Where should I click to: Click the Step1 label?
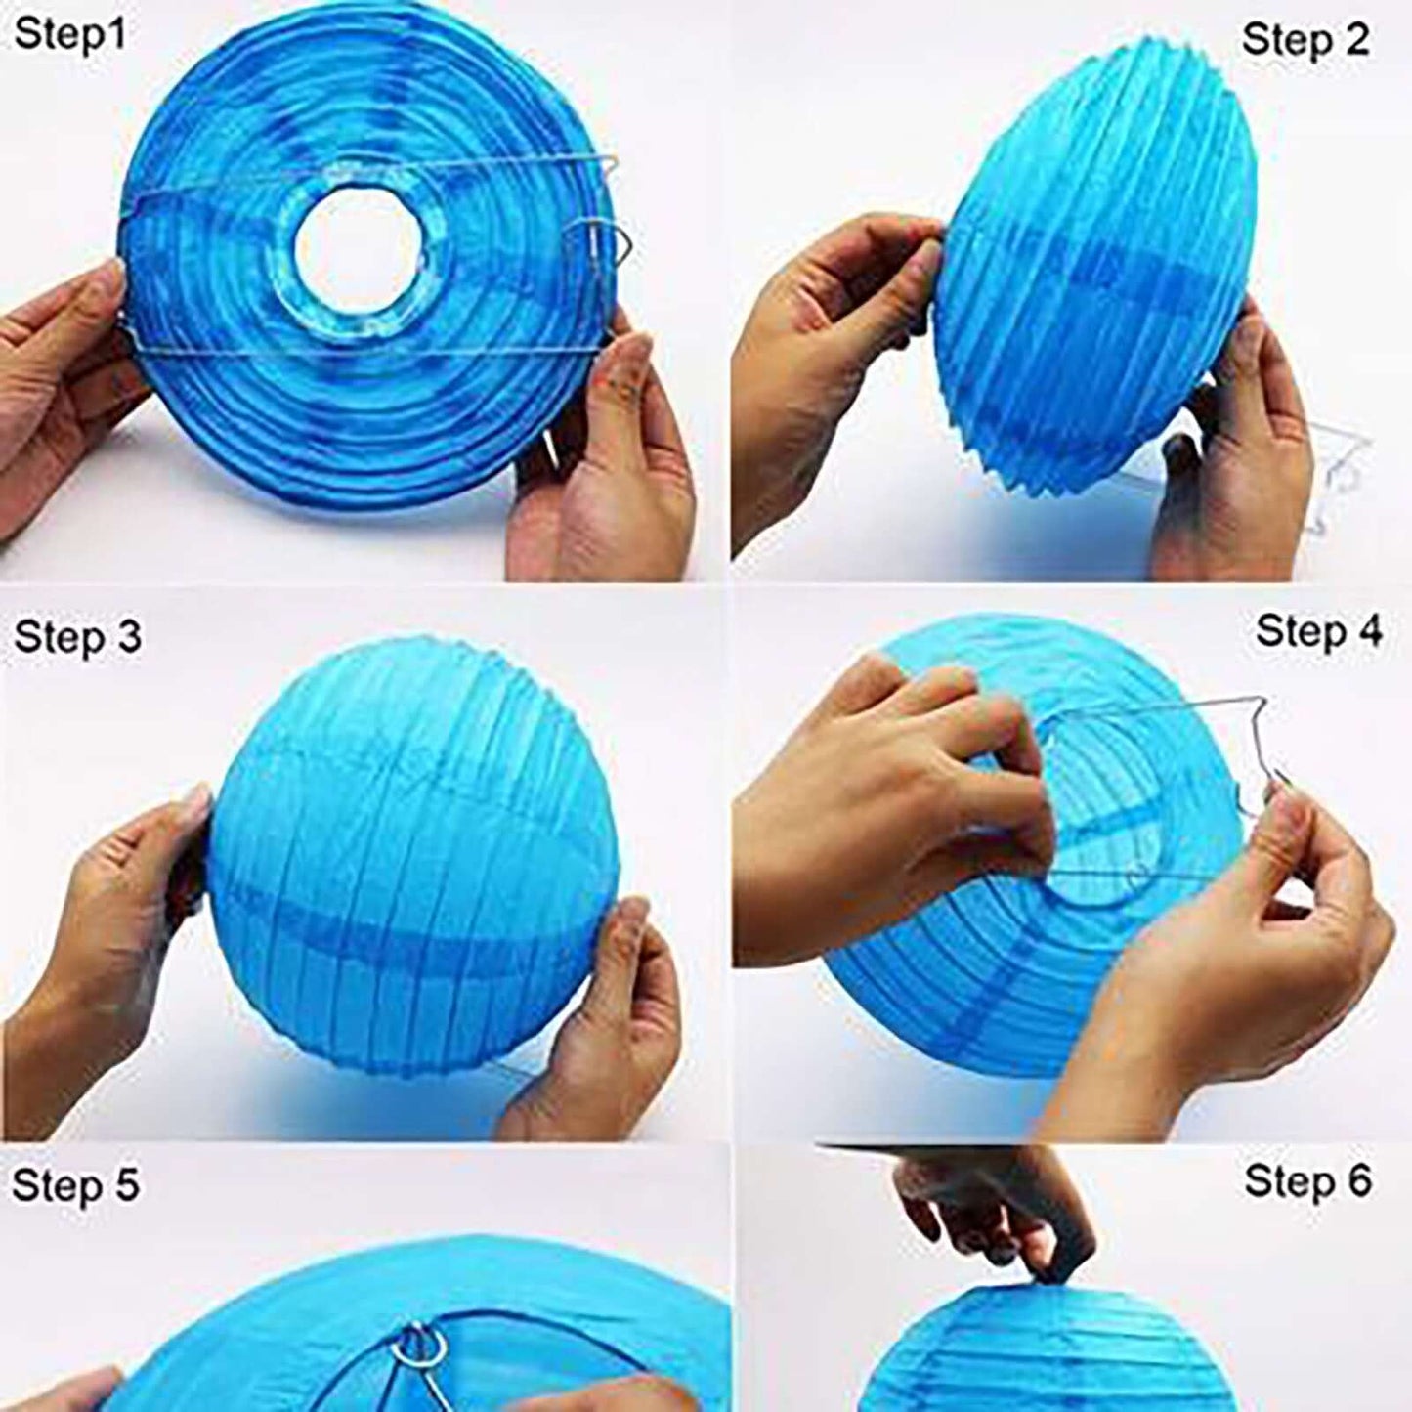pos(70,35)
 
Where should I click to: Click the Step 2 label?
pos(1305,40)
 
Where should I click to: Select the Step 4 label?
pos(1318,631)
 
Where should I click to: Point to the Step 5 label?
pos(75,1184)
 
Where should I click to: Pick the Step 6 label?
pos(1307,1181)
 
